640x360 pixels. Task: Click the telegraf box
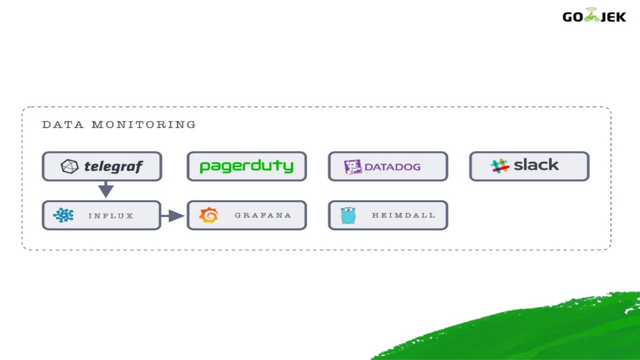point(102,166)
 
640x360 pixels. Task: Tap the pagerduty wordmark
point(247,166)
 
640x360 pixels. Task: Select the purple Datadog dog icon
point(353,167)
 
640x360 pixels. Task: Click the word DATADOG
point(392,167)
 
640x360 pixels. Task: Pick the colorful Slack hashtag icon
point(500,166)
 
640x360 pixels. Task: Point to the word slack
point(536,165)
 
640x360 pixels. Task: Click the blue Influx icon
point(63,216)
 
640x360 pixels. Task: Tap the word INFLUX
point(111,216)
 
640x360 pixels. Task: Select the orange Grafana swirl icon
point(208,216)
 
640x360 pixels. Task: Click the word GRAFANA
point(263,216)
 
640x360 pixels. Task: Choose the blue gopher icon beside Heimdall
point(348,216)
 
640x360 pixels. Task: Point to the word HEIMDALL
point(404,216)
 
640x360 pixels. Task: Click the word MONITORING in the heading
point(144,125)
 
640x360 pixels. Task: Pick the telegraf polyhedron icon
point(69,166)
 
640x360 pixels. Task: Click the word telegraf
point(113,167)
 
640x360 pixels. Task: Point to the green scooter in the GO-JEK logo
point(591,16)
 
